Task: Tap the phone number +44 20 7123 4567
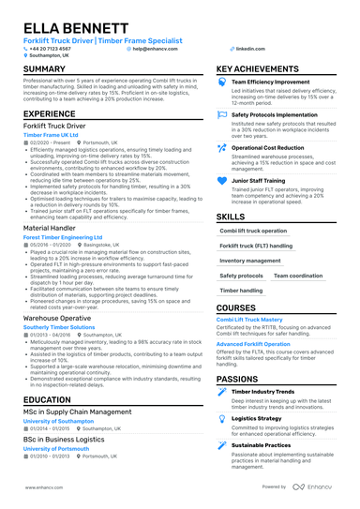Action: pyautogui.click(x=53, y=47)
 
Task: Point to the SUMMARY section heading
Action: pyautogui.click(x=44, y=70)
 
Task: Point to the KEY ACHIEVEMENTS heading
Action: pyautogui.click(x=263, y=70)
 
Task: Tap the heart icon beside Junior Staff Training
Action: pyautogui.click(x=221, y=179)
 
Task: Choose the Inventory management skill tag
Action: pyautogui.click(x=249, y=261)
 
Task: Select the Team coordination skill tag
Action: pyautogui.click(x=298, y=277)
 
